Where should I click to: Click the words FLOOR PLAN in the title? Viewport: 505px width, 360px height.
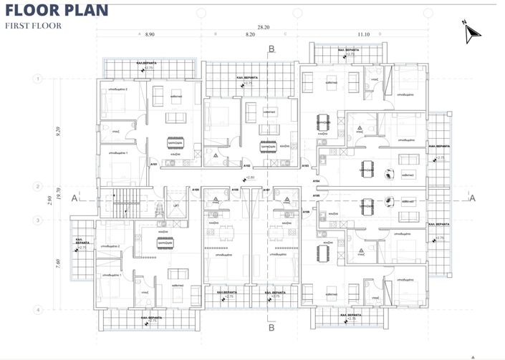click(57, 10)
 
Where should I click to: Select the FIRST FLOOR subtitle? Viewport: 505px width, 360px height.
click(34, 26)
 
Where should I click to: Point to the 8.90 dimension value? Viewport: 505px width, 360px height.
click(149, 34)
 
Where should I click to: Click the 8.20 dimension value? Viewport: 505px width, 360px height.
click(249, 34)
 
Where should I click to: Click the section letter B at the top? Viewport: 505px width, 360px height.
click(271, 49)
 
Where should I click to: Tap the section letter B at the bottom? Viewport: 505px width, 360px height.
click(271, 329)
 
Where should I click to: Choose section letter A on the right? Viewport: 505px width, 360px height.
click(472, 200)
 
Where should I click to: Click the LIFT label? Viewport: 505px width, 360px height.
click(175, 205)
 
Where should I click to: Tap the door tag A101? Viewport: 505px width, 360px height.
click(153, 165)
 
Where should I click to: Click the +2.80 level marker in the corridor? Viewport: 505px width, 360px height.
click(249, 177)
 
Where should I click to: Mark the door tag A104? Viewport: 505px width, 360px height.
click(316, 182)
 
